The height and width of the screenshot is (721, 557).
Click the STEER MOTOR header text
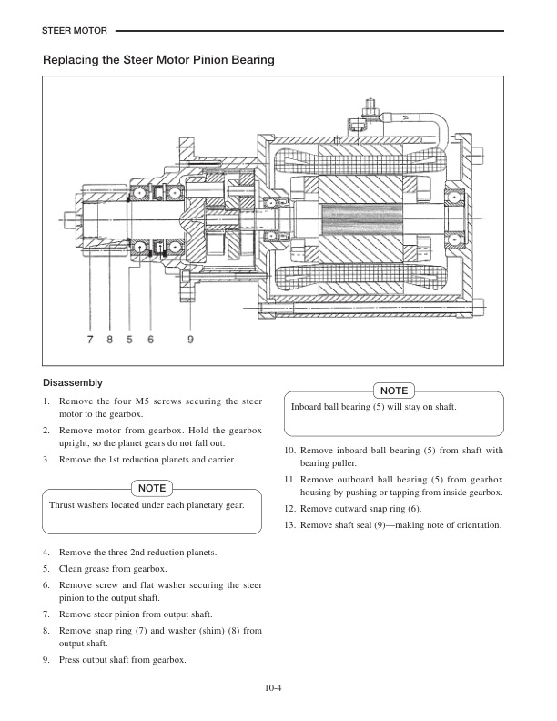point(75,31)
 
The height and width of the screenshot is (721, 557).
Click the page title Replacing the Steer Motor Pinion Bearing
point(158,60)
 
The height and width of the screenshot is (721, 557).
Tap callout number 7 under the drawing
point(90,339)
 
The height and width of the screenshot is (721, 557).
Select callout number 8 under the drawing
point(109,339)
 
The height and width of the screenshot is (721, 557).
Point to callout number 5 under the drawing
point(130,339)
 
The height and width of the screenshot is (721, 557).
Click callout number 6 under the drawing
point(150,339)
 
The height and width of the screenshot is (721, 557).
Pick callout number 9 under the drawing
point(190,339)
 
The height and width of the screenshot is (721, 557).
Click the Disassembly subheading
point(73,382)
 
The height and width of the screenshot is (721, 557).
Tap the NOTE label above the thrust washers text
point(152,489)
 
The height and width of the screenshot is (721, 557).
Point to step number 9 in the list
point(46,660)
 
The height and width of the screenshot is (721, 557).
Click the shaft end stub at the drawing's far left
point(72,218)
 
